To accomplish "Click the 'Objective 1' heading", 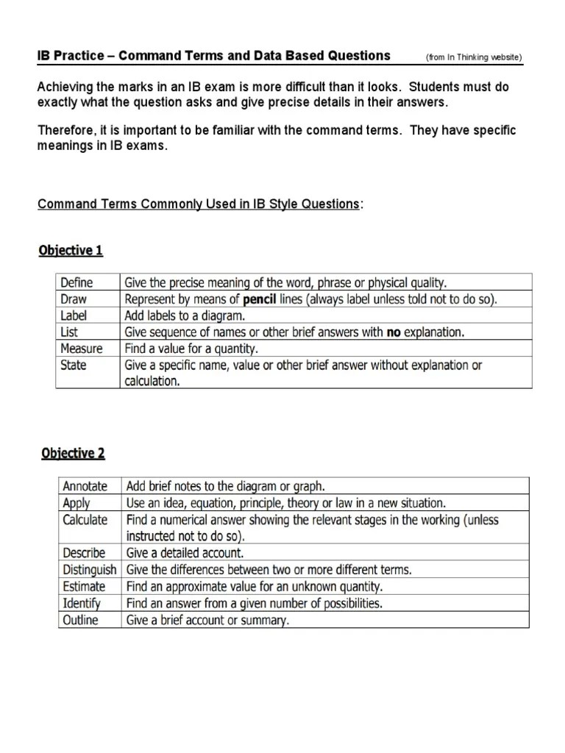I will [71, 251].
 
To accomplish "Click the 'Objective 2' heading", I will [72, 454].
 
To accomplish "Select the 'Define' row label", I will [76, 282].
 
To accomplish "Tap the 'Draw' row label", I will [74, 299].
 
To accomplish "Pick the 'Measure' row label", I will [81, 349].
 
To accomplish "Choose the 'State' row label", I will [74, 365].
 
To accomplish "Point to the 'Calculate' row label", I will [85, 520].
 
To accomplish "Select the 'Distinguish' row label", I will [90, 570].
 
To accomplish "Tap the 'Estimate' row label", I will [84, 587].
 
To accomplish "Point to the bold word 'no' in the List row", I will [394, 332].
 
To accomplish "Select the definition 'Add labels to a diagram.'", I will [184, 315].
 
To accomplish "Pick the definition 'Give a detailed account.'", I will [185, 553].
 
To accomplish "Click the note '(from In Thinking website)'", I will [474, 57].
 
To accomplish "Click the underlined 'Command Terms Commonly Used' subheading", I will [199, 203].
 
